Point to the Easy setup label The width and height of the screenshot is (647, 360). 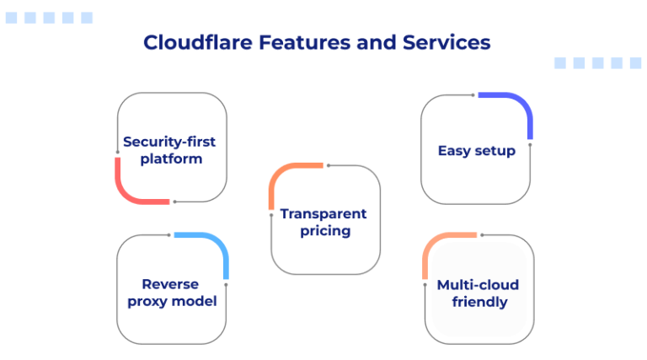pyautogui.click(x=476, y=151)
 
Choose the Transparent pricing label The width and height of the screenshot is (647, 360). pyautogui.click(x=324, y=222)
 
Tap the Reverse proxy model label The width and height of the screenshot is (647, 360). pyautogui.click(x=172, y=293)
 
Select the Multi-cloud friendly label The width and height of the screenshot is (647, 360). pyautogui.click(x=479, y=293)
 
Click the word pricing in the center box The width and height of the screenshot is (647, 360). pyautogui.click(x=324, y=231)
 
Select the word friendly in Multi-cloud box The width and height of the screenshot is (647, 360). pyautogui.click(x=479, y=302)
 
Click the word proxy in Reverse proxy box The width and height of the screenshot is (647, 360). pyautogui.click(x=148, y=302)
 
